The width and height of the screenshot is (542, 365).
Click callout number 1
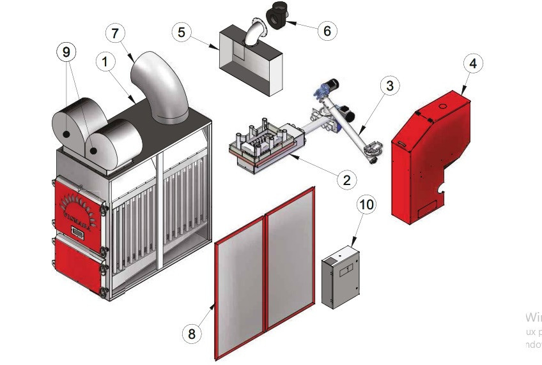(105, 62)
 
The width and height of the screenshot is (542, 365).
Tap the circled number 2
(346, 179)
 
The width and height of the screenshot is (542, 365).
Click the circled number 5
(183, 31)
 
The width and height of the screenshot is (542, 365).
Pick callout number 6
(327, 30)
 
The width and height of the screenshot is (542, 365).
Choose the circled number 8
(192, 333)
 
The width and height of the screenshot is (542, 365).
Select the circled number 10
(368, 205)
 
